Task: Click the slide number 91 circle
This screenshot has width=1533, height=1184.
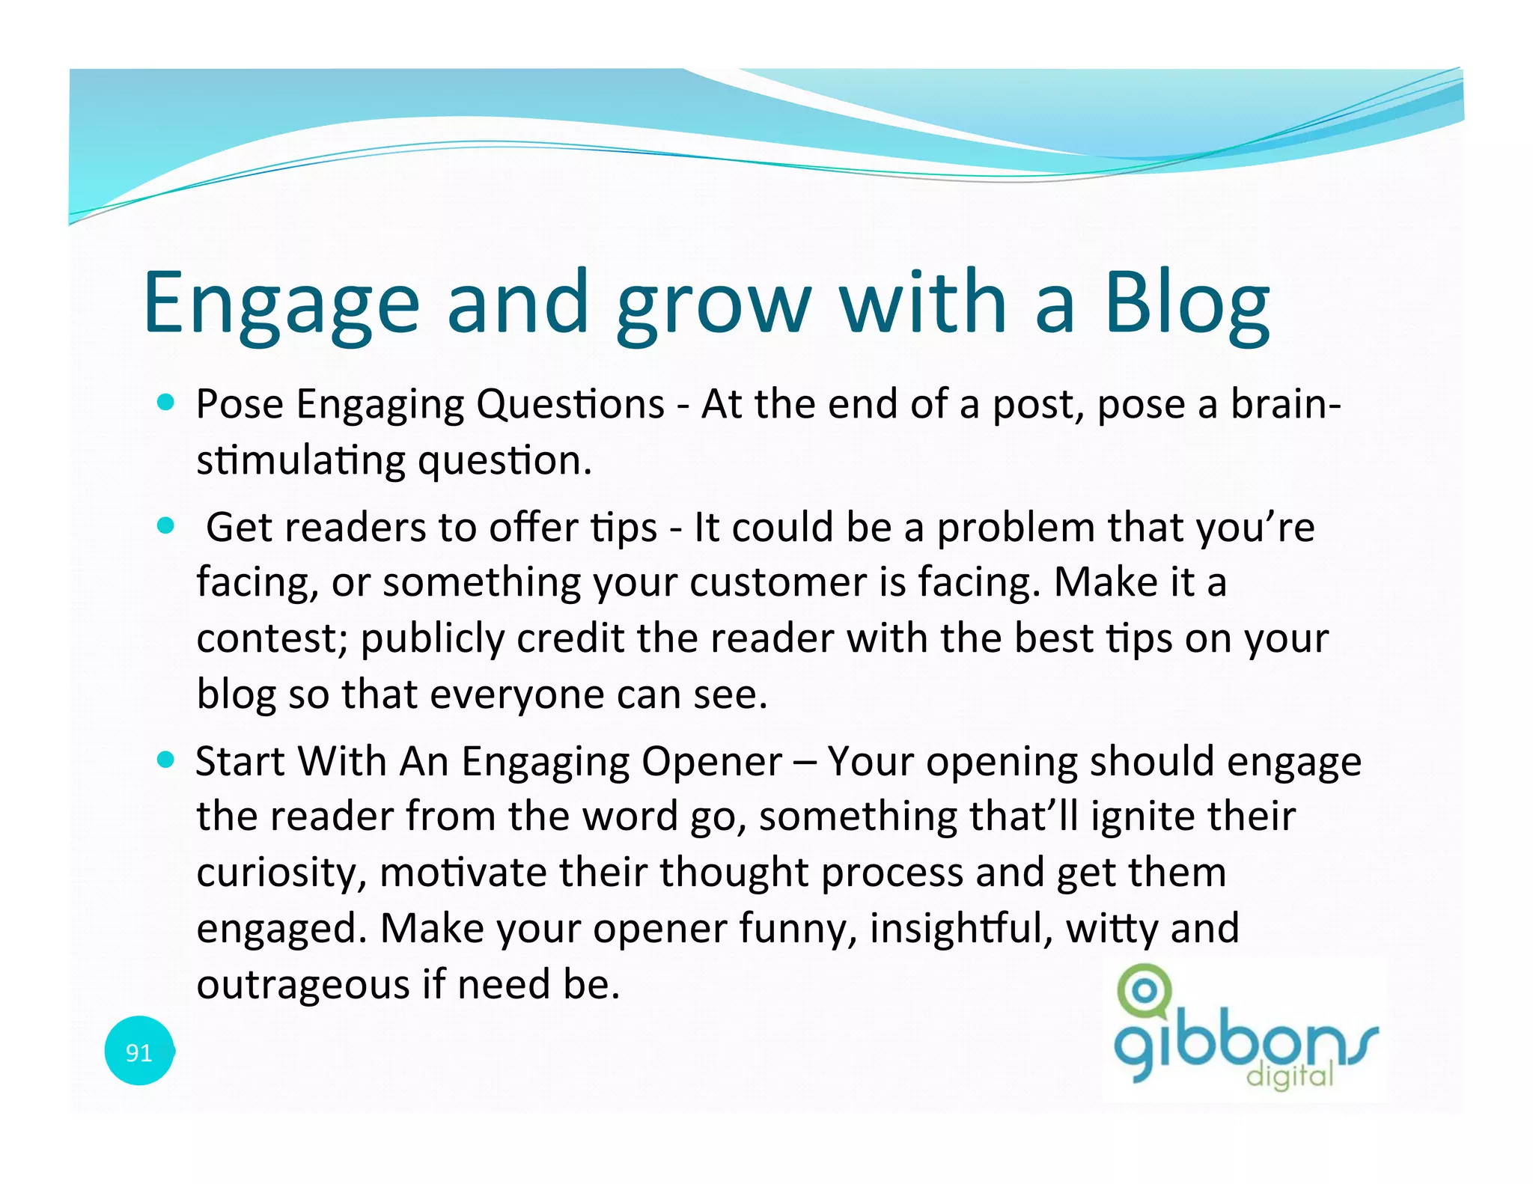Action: (139, 1052)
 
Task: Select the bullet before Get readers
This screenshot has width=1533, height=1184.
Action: (166, 526)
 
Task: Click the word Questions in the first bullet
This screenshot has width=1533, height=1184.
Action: (570, 405)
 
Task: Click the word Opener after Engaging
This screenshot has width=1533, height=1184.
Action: (712, 762)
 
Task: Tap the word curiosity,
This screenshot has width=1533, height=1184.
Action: (281, 873)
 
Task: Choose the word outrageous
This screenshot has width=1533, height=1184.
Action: (302, 984)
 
